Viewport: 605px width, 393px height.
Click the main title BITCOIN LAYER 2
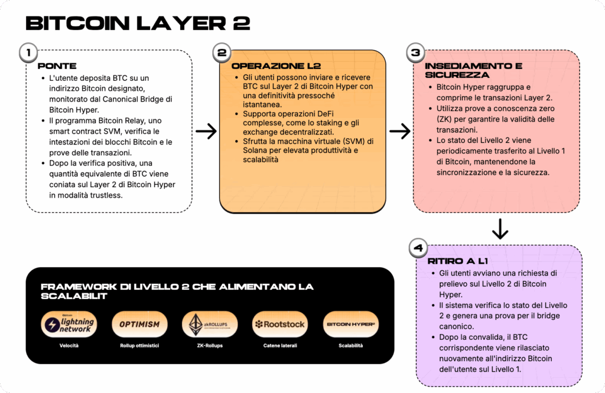pos(138,23)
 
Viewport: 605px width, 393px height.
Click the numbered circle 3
pos(415,53)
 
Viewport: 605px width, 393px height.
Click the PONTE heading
pos(57,66)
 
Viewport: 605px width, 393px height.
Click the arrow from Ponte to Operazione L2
pos(206,132)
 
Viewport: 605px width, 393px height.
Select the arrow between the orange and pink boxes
pos(400,132)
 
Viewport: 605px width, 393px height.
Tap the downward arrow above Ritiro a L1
pos(500,229)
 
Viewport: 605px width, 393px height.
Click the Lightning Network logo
pos(69,324)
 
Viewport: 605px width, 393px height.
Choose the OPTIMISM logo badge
pos(139,324)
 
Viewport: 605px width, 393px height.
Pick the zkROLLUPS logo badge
pos(210,324)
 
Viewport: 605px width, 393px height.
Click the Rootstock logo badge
pos(280,324)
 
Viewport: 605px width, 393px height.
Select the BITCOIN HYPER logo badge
pos(351,324)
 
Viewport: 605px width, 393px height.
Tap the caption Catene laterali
pos(280,346)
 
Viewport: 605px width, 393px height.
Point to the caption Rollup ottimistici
pos(139,346)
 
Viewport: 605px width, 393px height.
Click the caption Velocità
pos(69,346)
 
